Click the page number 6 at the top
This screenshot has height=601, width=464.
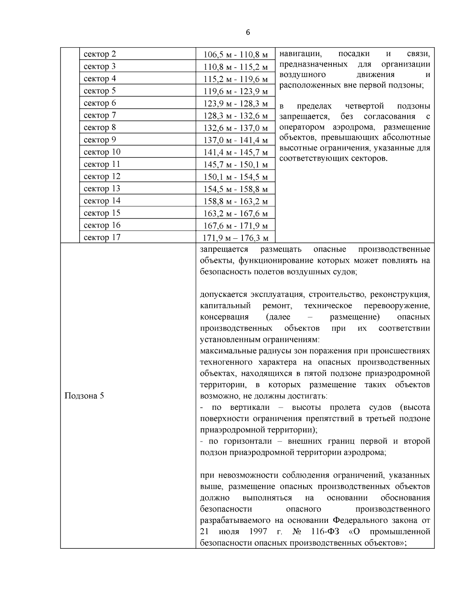click(248, 33)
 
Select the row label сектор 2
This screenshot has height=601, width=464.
click(100, 54)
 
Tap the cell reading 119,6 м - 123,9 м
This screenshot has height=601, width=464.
click(235, 91)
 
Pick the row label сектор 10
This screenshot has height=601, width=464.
click(102, 152)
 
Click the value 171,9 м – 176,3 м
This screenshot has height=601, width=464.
click(235, 238)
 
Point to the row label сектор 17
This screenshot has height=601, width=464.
click(102, 237)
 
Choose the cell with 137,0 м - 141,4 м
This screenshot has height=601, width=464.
click(235, 140)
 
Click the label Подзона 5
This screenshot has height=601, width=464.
click(84, 396)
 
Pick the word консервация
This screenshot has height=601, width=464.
click(224, 317)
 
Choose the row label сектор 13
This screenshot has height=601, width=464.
click(102, 188)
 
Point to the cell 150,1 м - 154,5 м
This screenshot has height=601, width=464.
click(235, 177)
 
